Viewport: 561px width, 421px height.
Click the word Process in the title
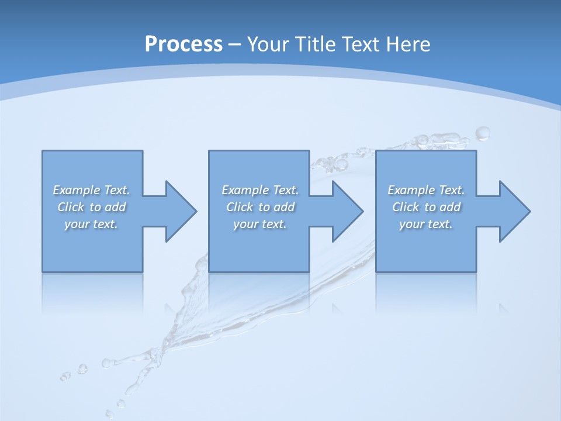[183, 44]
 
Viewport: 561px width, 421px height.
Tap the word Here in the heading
[407, 44]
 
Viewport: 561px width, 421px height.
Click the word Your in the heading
[268, 44]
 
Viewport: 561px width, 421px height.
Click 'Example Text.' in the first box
[91, 190]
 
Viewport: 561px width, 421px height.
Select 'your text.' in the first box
[91, 224]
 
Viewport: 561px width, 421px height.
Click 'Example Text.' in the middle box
[260, 190]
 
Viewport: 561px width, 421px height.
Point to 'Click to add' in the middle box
[260, 207]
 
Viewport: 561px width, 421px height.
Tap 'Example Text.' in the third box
[426, 190]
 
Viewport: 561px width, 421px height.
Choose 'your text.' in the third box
[426, 224]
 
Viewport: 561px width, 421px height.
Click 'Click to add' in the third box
[426, 207]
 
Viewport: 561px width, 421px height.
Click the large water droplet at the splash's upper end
[483, 134]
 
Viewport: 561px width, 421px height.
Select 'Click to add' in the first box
[91, 207]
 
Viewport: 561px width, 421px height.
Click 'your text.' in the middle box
[260, 224]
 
